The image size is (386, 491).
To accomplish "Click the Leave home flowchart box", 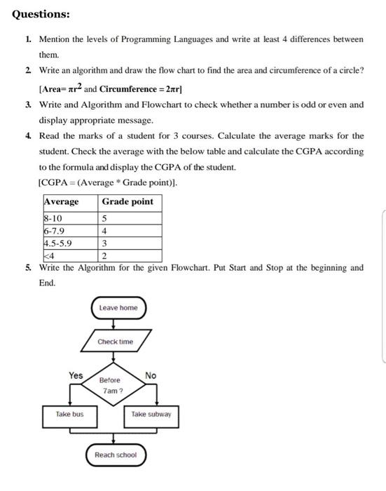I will tap(118, 308).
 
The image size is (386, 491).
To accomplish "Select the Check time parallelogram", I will tap(116, 342).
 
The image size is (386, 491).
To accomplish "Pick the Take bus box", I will tap(69, 414).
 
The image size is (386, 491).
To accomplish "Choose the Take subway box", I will tap(151, 414).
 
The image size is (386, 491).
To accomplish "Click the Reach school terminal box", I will tap(116, 455).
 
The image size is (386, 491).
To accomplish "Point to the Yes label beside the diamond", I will tap(76, 375).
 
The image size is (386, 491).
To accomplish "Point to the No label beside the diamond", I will tap(151, 376).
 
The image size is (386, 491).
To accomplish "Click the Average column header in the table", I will tap(62, 202).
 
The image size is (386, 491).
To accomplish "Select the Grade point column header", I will tap(127, 202).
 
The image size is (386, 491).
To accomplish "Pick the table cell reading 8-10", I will tap(53, 218).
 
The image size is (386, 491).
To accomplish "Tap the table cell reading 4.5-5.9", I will tap(57, 243).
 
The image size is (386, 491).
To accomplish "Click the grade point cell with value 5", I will tap(104, 218).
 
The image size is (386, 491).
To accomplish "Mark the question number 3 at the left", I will tap(27, 105).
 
